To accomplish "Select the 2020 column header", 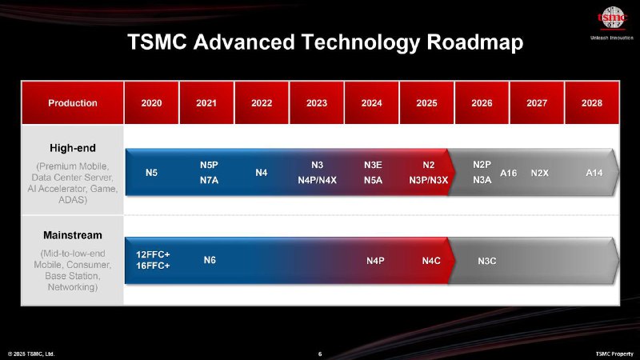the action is point(151,103).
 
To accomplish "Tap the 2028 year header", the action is point(592,103).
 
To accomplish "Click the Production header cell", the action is point(73,103).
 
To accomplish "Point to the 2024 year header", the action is point(371,103).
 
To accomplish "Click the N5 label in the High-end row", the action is point(151,173).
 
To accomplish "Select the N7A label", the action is point(209,180).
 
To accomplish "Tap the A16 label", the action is point(509,173).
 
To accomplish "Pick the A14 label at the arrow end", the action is point(594,173).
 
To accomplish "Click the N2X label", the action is point(539,173).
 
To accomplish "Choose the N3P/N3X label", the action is point(429,180).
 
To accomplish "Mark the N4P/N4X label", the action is point(317,180).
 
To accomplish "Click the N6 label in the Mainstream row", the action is point(210,260).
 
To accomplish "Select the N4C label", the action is point(431,261).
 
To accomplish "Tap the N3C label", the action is point(487,261).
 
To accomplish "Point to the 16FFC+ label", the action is point(153,266).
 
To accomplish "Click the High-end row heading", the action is point(73,148).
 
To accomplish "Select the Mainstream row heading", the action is point(73,235).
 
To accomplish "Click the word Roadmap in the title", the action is point(475,42).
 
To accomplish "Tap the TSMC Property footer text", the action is point(614,354).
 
